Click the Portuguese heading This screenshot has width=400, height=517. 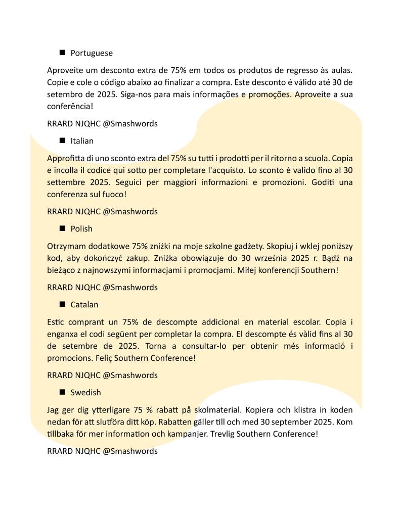tap(92, 53)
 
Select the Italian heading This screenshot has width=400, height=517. tap(82, 141)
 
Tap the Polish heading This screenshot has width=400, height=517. tap(81, 229)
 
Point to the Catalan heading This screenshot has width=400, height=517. tap(84, 305)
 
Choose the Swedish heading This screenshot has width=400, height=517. tap(85, 393)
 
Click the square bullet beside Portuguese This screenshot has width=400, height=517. tap(63, 53)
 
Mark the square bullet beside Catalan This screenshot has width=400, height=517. tap(63, 304)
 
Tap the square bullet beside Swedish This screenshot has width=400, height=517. tap(63, 392)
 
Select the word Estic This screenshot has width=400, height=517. tap(56, 322)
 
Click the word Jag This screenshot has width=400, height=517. tap(54, 410)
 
